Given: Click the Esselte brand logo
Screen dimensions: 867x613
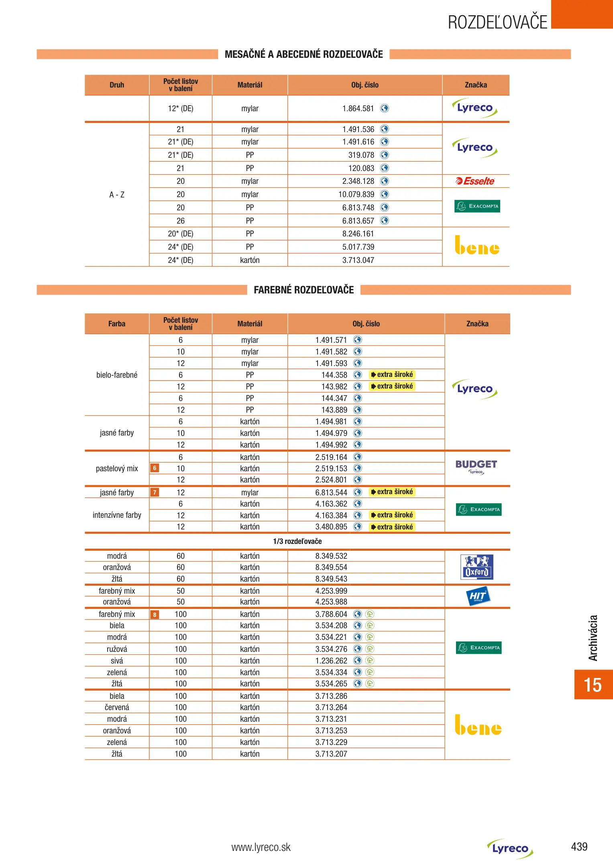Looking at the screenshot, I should click(x=475, y=181).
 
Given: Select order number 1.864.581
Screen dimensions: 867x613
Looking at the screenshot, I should click(x=358, y=108).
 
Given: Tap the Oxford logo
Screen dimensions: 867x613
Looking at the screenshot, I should click(x=477, y=567).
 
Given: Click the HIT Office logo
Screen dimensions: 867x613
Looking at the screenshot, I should click(x=477, y=596).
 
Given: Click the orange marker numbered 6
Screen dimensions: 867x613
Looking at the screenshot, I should click(x=155, y=468).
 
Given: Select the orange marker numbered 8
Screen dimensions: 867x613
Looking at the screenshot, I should click(x=155, y=615).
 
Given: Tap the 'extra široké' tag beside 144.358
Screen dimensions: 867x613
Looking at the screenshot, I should click(x=392, y=374).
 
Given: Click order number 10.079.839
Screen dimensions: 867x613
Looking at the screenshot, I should click(x=356, y=194).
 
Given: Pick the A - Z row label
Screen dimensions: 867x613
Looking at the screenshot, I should click(x=117, y=195).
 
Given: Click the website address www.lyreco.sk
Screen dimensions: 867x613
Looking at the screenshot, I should click(x=261, y=847).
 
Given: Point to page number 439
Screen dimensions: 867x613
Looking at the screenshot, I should click(x=579, y=847).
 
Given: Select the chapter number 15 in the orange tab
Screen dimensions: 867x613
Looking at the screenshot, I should click(x=593, y=685).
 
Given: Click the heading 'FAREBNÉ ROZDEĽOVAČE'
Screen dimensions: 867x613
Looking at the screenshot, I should click(x=303, y=290).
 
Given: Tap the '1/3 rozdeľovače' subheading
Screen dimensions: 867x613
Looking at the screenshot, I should click(x=297, y=541).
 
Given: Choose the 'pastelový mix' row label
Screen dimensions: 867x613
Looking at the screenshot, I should click(x=117, y=468).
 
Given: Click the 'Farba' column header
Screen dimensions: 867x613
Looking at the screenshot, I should click(x=117, y=324).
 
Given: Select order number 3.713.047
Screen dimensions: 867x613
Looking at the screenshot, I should click(x=358, y=260).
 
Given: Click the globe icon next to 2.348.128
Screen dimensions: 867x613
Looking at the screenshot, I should click(x=385, y=181).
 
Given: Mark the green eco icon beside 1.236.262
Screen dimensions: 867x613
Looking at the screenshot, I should click(x=370, y=661).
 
